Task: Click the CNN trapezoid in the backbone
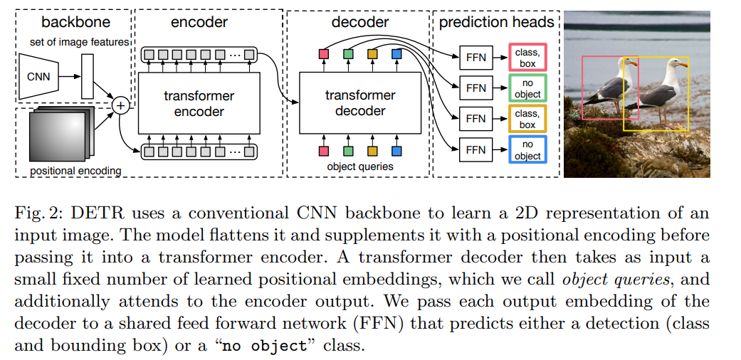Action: (40, 77)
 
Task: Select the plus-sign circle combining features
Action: (120, 105)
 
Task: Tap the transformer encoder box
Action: (199, 104)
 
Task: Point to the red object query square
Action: (324, 151)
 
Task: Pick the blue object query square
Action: (396, 151)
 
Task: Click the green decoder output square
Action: (348, 54)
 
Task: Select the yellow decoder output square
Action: (372, 54)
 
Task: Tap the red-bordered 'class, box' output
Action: (527, 57)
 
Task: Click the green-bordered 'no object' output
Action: (527, 88)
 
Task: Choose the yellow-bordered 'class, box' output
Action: (527, 119)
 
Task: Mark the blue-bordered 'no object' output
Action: (527, 150)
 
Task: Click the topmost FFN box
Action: (475, 57)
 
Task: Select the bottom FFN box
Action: (475, 150)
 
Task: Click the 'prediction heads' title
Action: (496, 22)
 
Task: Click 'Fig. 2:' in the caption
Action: (36, 214)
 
